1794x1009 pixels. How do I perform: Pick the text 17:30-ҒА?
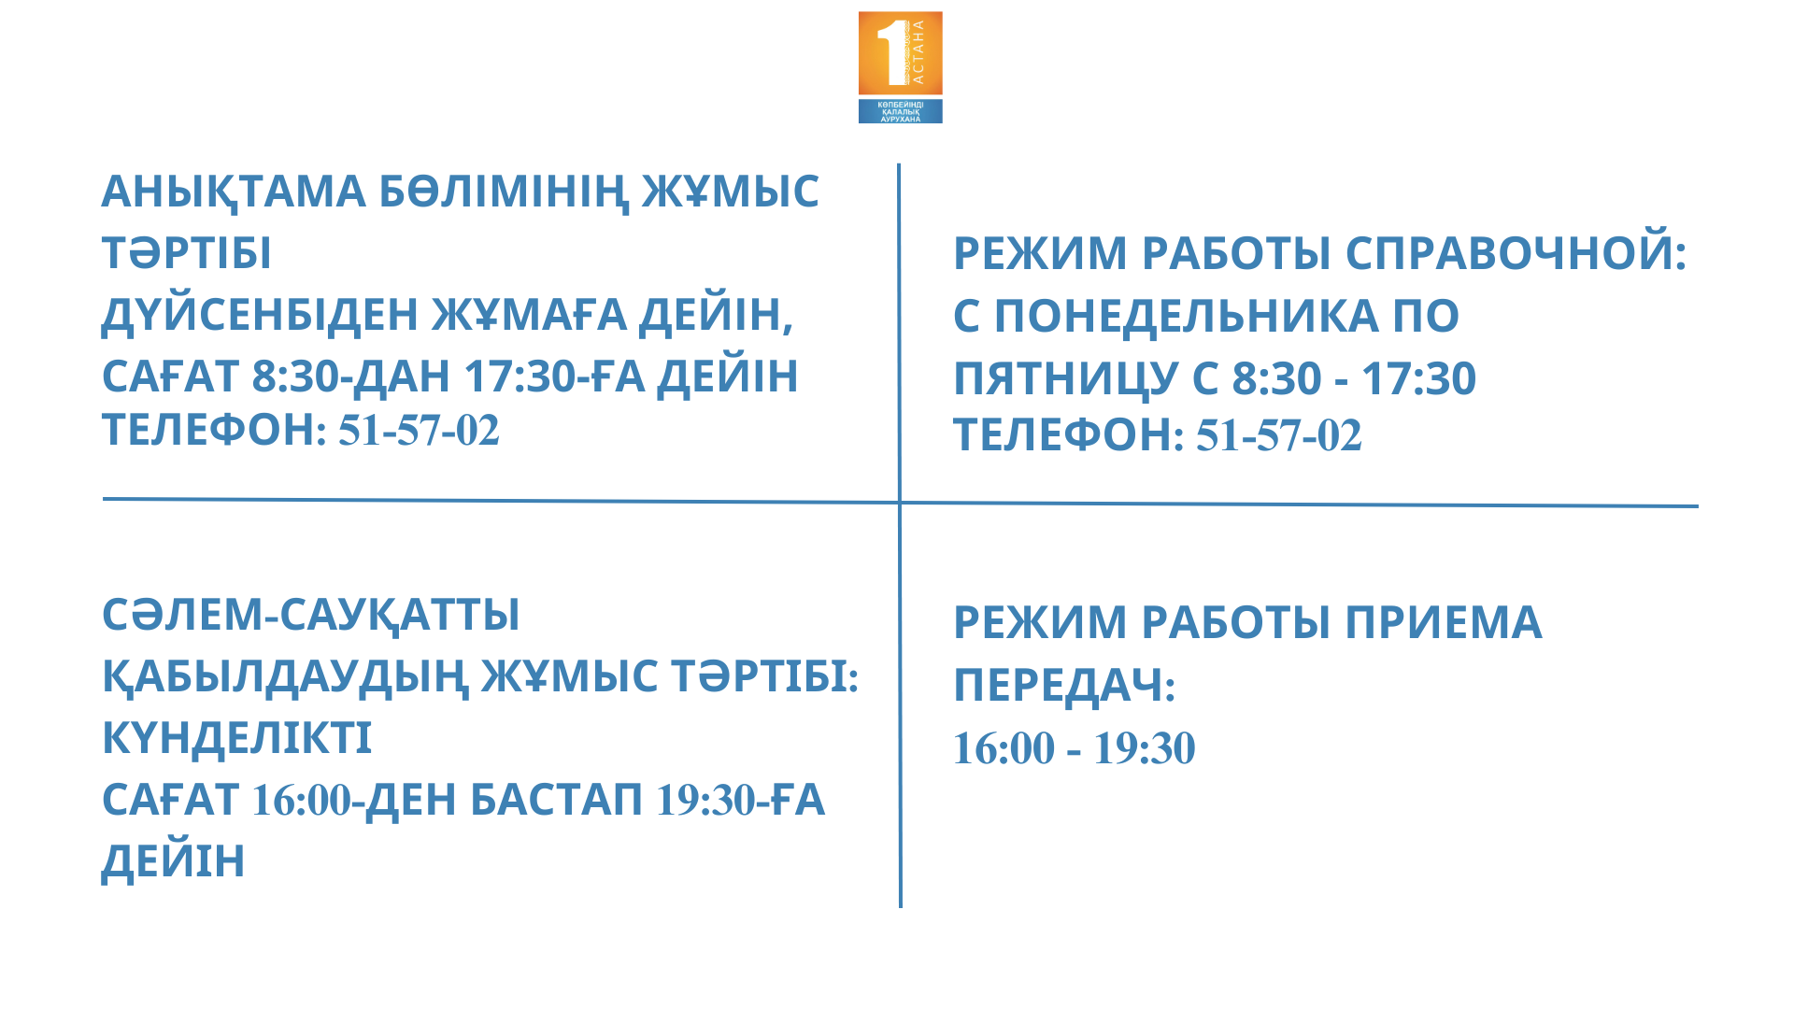(554, 377)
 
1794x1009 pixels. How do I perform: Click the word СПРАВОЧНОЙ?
(1516, 253)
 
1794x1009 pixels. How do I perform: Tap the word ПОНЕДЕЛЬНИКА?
(1187, 316)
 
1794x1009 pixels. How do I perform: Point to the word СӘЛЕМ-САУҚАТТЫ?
(311, 615)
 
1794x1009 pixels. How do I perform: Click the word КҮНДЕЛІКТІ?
(236, 738)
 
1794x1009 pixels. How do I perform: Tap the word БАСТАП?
(556, 801)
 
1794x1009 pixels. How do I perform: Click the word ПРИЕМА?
(1444, 623)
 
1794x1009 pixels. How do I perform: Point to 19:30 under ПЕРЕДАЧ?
(1145, 748)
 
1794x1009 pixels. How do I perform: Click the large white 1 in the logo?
(892, 53)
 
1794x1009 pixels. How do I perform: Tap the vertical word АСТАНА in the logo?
(918, 51)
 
